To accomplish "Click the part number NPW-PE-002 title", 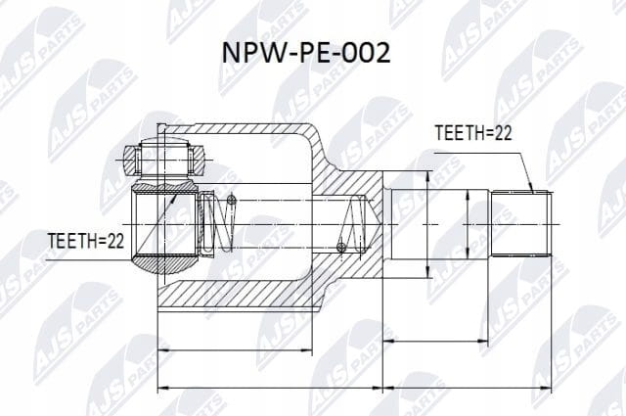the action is pyautogui.click(x=306, y=53).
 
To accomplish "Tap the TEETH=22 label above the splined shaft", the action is pyautogui.click(x=473, y=133).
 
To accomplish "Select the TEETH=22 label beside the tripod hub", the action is pyautogui.click(x=86, y=241).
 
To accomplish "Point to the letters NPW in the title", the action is pyautogui.click(x=251, y=53).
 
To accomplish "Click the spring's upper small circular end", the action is pyautogui.click(x=232, y=199).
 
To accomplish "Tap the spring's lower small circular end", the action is pyautogui.click(x=340, y=248).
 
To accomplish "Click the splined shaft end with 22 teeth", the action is pyautogui.click(x=521, y=224).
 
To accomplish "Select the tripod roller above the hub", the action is pyautogui.click(x=164, y=160).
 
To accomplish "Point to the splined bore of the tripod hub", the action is pyautogui.click(x=164, y=224).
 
